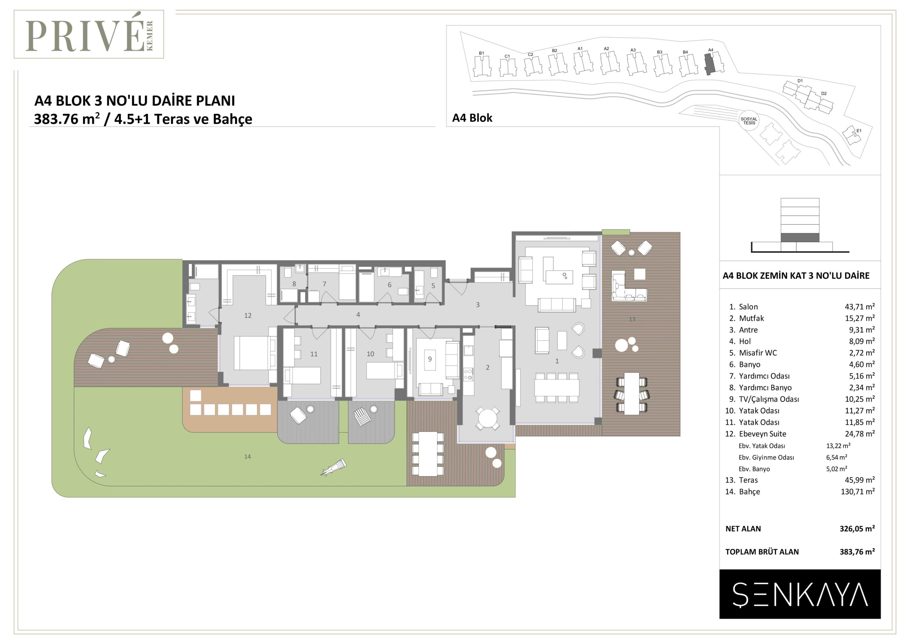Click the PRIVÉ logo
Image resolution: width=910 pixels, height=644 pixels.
pos(89,34)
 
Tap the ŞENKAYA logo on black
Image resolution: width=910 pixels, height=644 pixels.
pos(800,595)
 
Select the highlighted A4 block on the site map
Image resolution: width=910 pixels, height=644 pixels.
pos(710,64)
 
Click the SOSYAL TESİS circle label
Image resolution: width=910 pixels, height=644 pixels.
pos(749,121)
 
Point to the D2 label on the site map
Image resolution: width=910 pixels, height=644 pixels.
pos(824,94)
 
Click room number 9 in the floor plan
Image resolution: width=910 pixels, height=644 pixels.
pos(430,359)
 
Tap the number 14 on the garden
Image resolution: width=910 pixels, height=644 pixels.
pos(247,457)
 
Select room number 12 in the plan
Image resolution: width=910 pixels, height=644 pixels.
pos(248,315)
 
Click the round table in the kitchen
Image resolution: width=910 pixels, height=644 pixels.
pos(487,417)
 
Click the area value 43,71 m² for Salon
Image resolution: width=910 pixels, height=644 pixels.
pos(860,307)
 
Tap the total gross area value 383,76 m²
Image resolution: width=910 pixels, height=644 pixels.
pos(857,552)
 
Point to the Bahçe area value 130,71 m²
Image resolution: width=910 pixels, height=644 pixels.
pos(858,492)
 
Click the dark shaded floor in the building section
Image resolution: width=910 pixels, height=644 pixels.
pos(800,238)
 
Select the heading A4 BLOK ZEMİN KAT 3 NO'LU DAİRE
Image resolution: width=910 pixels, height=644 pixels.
pos(796,276)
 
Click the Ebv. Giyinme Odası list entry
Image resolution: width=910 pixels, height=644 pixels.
pos(766,457)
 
